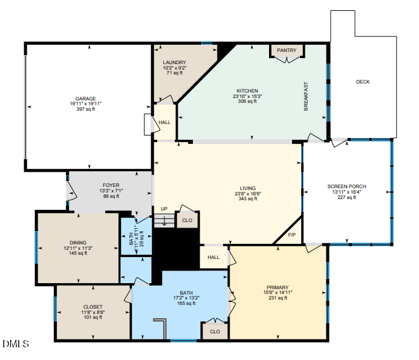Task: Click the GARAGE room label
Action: pos(85,98)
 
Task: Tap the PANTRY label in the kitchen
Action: pos(287,50)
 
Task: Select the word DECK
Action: pos(362,82)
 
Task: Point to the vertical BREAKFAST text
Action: pos(306,96)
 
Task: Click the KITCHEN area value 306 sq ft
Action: pos(247,101)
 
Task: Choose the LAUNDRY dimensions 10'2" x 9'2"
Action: pos(175,68)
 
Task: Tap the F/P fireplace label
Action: pos(291,235)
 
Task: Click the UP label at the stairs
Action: pos(163,209)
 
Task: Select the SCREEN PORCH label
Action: pos(346,186)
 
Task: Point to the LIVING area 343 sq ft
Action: pos(247,198)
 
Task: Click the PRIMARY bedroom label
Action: pos(278,287)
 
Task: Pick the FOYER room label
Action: pos(111,185)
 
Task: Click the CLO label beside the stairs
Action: pos(187,220)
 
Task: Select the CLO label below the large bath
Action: pos(215,332)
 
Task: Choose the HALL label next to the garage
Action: pos(164,122)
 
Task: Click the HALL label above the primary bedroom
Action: pos(213,257)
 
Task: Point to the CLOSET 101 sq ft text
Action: pos(93,316)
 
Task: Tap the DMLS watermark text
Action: pos(16,344)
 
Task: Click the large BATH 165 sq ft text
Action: pos(186,303)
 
